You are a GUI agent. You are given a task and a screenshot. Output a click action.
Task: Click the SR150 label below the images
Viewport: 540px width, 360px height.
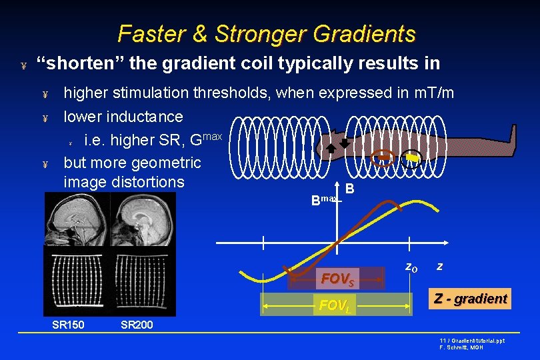click(68, 325)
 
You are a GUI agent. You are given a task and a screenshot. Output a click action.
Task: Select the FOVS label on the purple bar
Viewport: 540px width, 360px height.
click(338, 279)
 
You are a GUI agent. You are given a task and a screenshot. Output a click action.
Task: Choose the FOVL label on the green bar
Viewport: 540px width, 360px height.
click(335, 306)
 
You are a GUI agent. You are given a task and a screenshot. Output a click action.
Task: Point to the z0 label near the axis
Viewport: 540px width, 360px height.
click(411, 267)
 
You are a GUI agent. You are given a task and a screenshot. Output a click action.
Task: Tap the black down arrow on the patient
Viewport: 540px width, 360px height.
click(344, 143)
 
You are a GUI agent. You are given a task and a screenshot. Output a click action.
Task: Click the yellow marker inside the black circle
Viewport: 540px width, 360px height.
click(413, 158)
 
